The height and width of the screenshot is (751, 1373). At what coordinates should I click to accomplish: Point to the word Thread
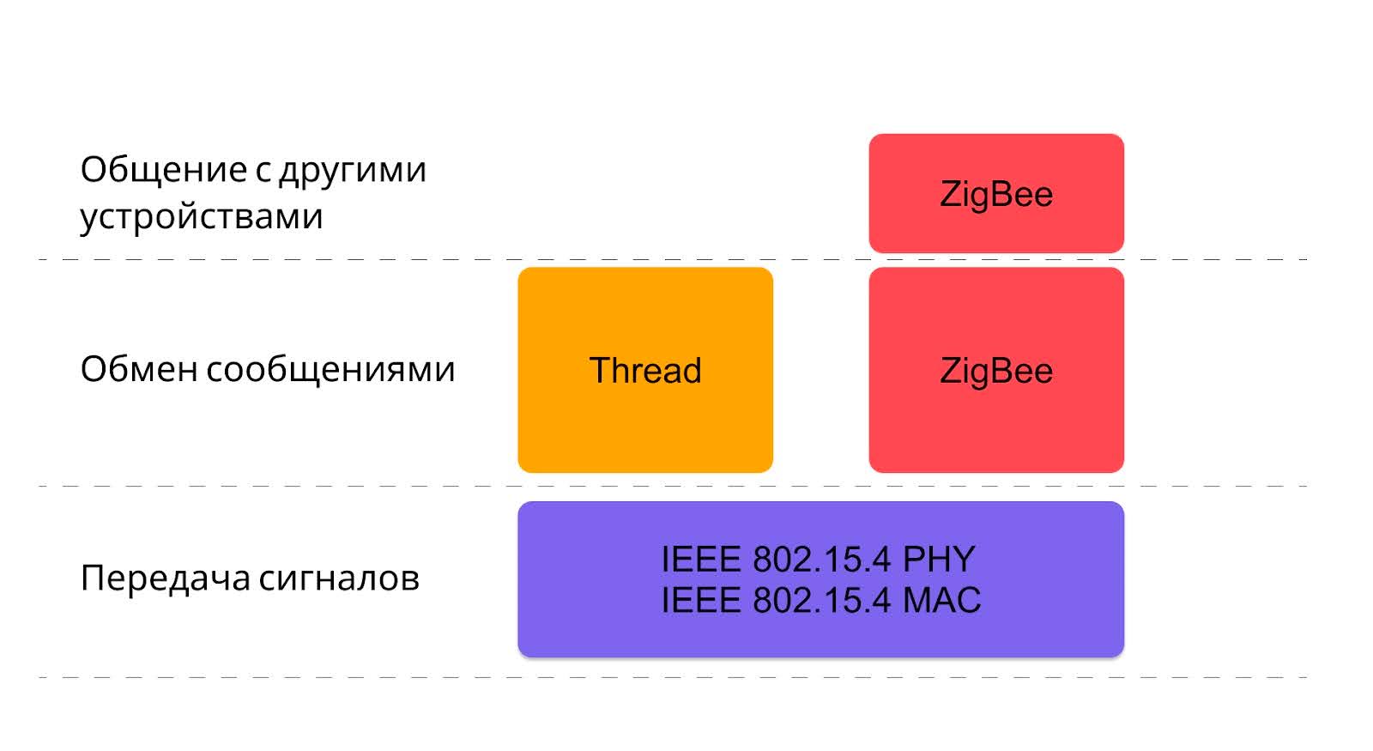click(x=645, y=371)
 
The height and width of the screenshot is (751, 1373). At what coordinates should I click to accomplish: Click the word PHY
click(x=939, y=560)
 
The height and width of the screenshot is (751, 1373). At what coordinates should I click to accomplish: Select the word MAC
click(x=941, y=600)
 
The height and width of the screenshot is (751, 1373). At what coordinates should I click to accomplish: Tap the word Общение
click(x=164, y=170)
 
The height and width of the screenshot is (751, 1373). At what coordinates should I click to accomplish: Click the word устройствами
click(x=202, y=215)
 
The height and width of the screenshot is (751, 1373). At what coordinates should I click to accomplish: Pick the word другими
click(x=353, y=170)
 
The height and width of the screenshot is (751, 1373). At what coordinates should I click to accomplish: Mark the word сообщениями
click(x=330, y=369)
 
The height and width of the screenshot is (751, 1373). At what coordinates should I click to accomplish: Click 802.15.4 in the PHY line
click(x=822, y=560)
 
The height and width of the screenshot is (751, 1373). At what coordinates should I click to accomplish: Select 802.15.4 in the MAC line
click(x=822, y=600)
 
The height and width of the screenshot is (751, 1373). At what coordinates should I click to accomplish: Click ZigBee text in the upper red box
click(x=996, y=194)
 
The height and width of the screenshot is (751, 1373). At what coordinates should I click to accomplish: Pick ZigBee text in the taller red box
click(x=996, y=371)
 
